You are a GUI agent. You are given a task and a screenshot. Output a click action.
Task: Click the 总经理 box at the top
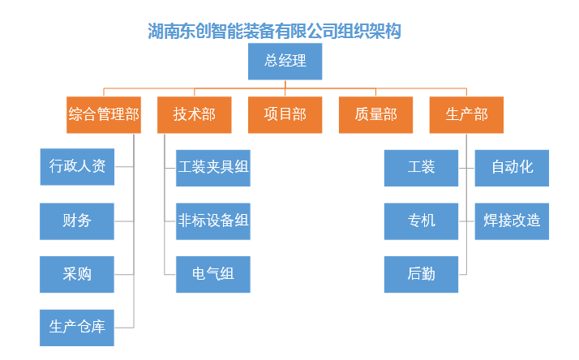285,62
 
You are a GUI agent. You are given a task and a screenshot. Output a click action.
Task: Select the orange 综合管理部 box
104,115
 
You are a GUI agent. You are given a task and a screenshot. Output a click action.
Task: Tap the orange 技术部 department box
195,115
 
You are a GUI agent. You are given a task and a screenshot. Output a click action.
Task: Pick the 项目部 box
285,115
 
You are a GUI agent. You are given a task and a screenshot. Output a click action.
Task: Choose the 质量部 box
375,115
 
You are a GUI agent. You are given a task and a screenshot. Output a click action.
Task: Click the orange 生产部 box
466,115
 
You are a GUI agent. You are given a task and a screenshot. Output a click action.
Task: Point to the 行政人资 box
77,167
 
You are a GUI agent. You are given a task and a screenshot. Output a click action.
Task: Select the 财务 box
77,221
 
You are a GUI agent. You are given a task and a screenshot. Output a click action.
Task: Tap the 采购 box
77,275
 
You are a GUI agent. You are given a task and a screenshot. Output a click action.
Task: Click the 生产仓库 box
77,328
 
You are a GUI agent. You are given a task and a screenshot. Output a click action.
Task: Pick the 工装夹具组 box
213,168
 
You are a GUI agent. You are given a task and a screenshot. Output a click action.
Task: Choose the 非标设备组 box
213,221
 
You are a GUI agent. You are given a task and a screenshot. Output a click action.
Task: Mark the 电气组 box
213,275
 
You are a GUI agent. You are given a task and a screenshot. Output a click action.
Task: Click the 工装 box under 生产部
421,168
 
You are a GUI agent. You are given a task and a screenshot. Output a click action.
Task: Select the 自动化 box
512,168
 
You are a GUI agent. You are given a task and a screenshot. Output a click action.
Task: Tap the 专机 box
421,221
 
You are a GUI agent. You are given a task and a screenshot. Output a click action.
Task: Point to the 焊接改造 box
512,221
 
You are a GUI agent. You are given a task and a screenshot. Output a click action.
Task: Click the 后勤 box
421,275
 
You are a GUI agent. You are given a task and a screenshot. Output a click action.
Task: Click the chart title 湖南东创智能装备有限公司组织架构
274,31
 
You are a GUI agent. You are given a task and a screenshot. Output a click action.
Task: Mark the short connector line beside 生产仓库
124,328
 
